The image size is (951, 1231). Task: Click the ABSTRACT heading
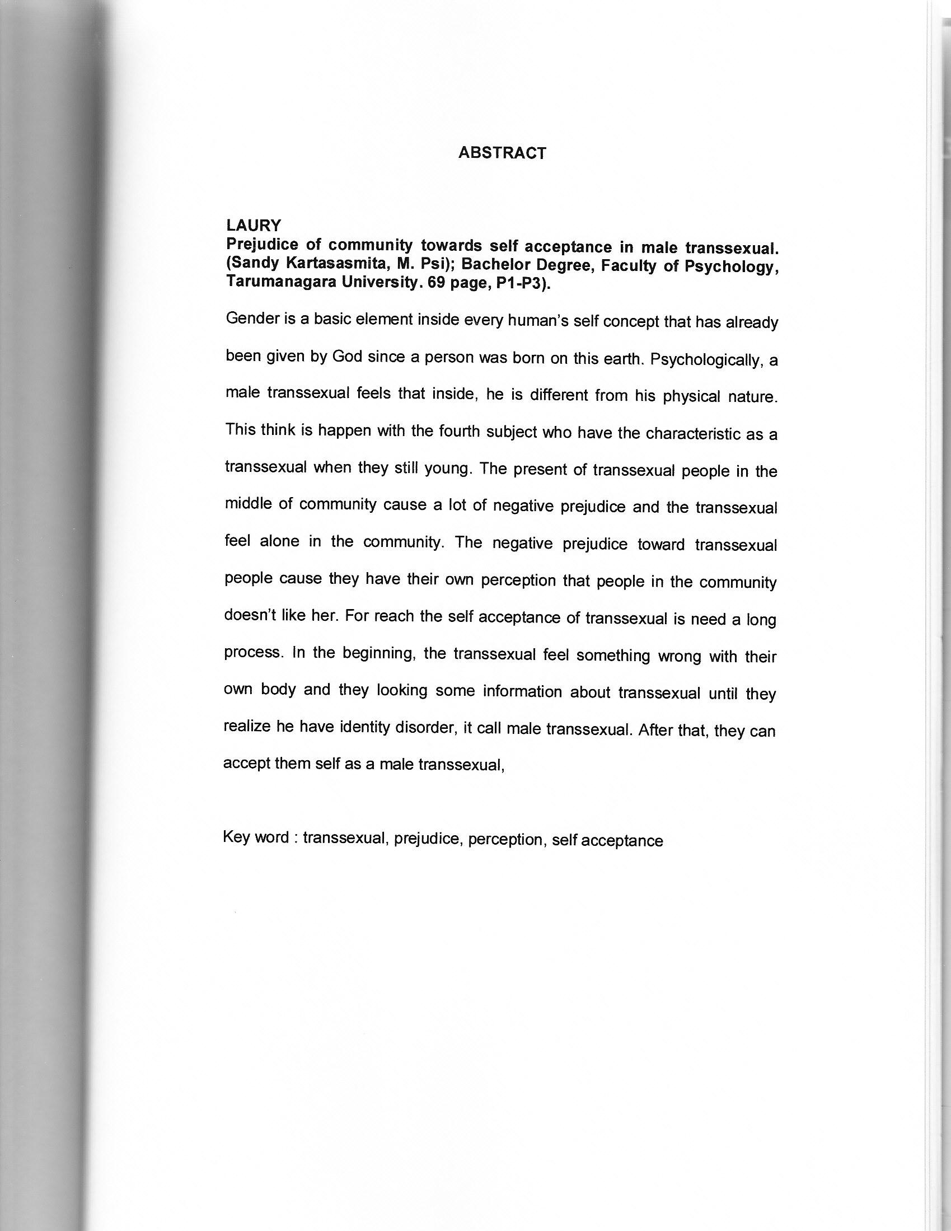click(x=502, y=153)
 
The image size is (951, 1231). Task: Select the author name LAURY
click(x=253, y=226)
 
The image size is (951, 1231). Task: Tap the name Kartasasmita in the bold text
click(x=336, y=264)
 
